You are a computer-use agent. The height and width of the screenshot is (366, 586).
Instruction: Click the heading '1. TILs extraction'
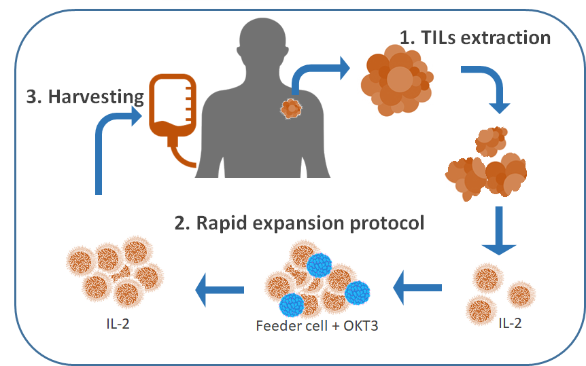pyautogui.click(x=475, y=37)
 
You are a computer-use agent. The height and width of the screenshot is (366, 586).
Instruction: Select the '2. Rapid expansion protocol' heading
pyautogui.click(x=300, y=223)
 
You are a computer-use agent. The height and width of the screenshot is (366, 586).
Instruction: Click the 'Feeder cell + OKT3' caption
pyautogui.click(x=317, y=325)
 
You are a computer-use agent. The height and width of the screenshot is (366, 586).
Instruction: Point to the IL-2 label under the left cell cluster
pyautogui.click(x=115, y=323)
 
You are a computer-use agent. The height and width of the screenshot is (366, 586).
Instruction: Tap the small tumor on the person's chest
pyautogui.click(x=291, y=107)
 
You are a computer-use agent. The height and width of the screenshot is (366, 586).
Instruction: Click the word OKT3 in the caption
pyautogui.click(x=359, y=325)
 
